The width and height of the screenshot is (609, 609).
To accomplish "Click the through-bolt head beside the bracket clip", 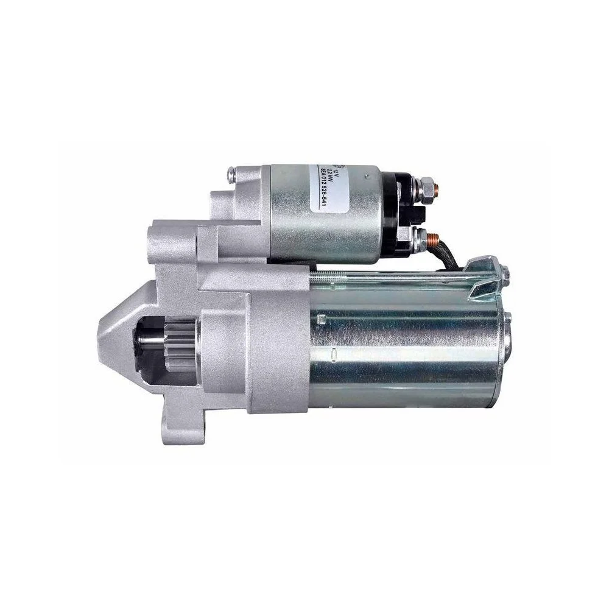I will coord(505,278).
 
